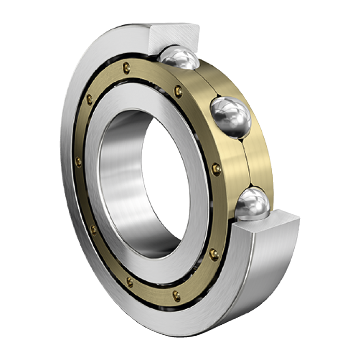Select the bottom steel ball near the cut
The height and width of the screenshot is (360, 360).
point(252,205)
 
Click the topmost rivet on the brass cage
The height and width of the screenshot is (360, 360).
point(127,67)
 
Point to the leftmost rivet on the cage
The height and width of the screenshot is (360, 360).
point(79,162)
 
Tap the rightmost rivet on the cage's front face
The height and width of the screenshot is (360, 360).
point(216,170)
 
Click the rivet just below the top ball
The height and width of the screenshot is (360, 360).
point(179,91)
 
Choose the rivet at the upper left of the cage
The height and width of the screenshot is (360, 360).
point(90,99)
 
